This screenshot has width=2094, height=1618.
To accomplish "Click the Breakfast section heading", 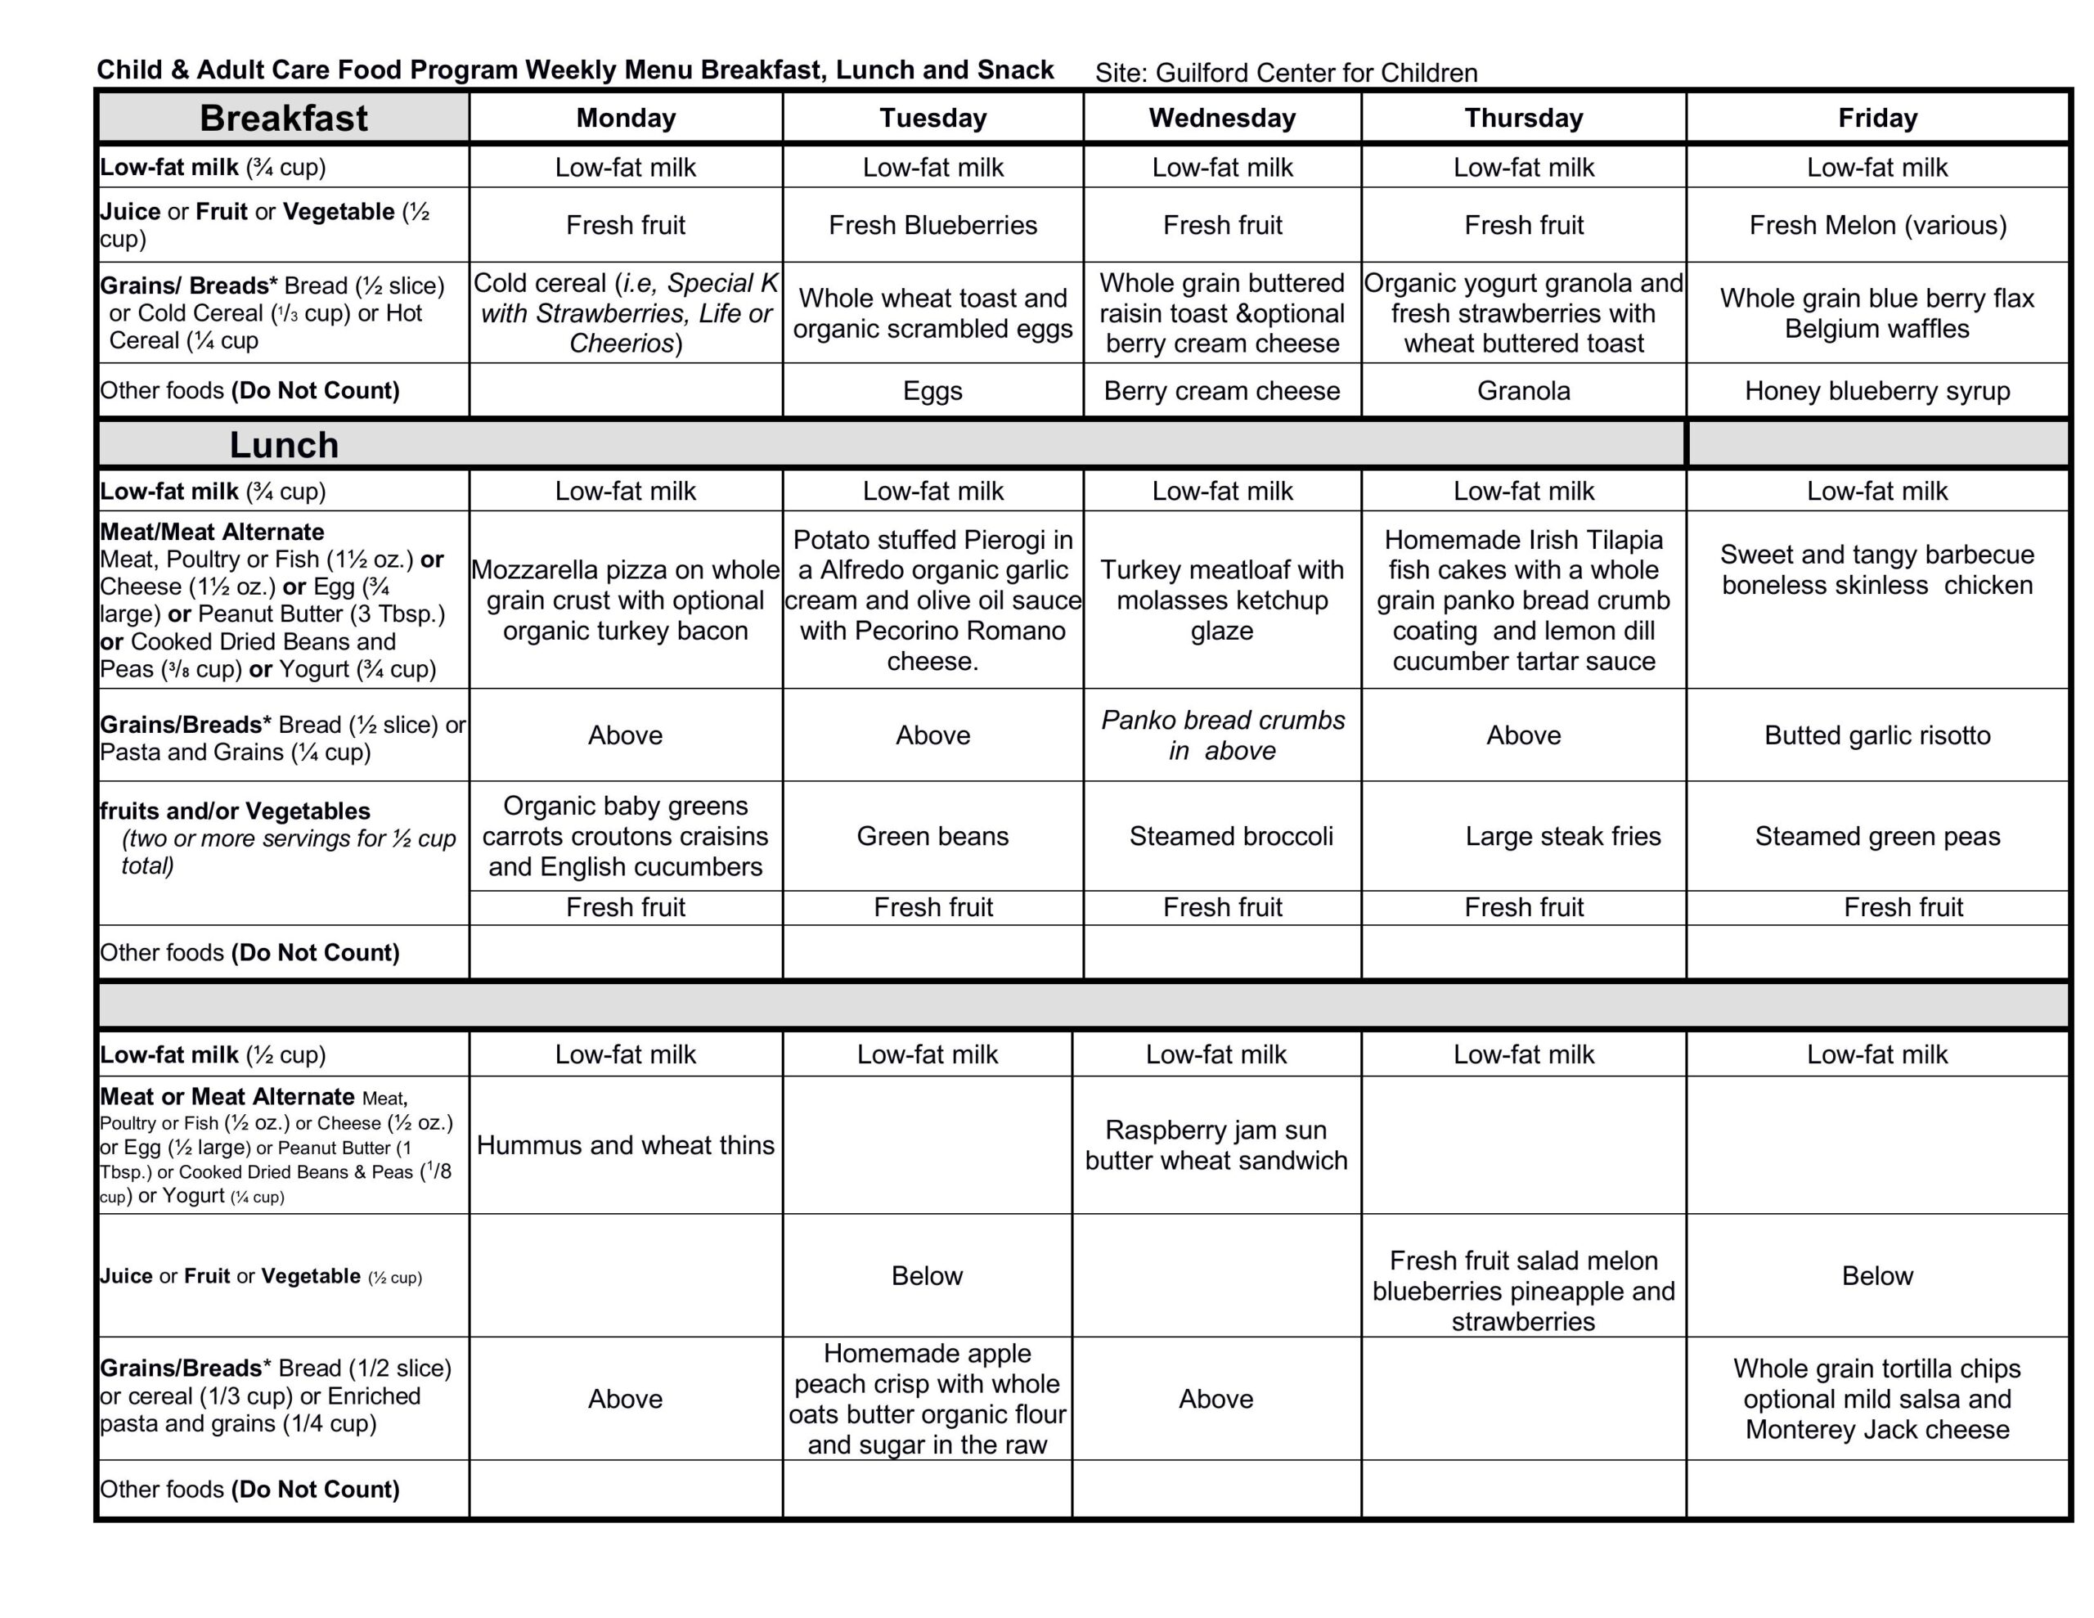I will (x=283, y=118).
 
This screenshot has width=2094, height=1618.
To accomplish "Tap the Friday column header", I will (x=1876, y=118).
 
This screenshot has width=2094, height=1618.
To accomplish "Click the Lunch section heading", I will (x=283, y=445).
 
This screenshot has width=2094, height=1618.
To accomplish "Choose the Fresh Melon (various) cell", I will (x=1876, y=226).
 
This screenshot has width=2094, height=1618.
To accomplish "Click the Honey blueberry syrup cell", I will (x=1876, y=391).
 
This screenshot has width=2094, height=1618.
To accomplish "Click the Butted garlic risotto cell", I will (x=1876, y=735).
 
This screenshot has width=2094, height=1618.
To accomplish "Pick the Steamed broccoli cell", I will (x=1230, y=836).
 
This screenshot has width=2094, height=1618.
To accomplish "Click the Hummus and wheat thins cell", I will (x=625, y=1145).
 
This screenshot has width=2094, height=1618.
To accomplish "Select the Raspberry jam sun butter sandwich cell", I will (x=1216, y=1145).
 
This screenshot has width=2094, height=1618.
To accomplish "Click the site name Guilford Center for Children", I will (x=1315, y=73).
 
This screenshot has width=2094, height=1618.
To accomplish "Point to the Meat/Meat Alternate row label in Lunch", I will (x=212, y=533).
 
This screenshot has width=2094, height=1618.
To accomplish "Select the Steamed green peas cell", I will (x=1876, y=836).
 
